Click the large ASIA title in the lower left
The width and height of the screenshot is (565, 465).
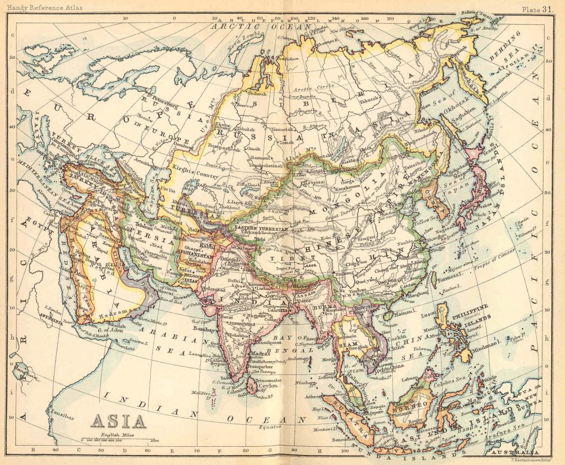119,421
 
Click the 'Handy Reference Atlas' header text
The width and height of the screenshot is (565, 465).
37,8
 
